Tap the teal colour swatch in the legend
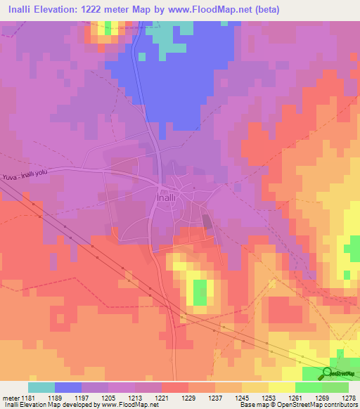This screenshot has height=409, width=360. click(x=41, y=387)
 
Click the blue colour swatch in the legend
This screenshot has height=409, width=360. click(x=68, y=387)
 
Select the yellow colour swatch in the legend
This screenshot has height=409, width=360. click(x=281, y=387)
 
